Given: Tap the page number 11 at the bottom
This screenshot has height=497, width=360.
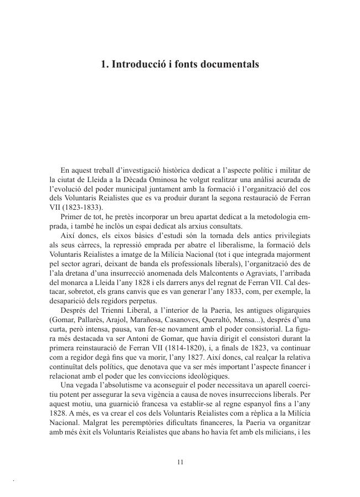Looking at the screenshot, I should click(180, 462).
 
